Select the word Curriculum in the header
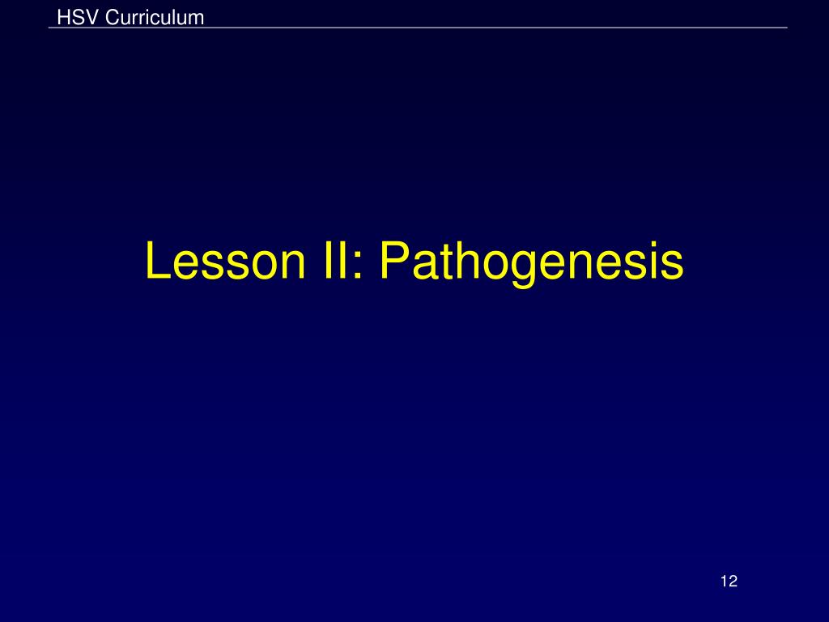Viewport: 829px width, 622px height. coord(155,17)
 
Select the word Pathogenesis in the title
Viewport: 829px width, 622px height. coord(532,262)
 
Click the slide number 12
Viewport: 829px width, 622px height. coord(728,581)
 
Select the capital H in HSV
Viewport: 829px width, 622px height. coord(63,17)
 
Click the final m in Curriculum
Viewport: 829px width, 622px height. coord(196,19)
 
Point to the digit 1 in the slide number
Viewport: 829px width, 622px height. coord(723,581)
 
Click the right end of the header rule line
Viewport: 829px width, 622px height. coord(785,28)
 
